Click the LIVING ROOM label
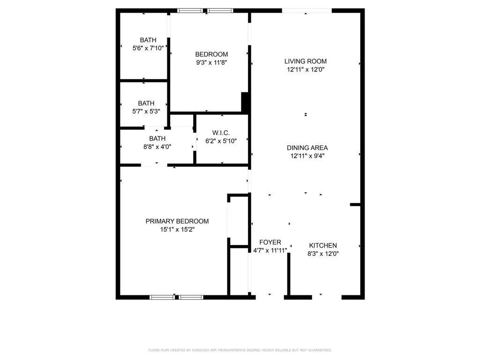(305, 61)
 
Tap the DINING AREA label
(307, 148)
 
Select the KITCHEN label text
(323, 246)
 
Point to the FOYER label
(270, 242)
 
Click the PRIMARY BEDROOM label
(177, 221)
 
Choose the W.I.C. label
(221, 133)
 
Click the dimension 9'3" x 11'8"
(211, 62)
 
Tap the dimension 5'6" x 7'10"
(148, 48)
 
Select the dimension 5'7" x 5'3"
(146, 112)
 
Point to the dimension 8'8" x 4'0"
(157, 147)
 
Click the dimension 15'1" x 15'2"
(177, 229)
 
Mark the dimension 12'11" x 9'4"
(307, 156)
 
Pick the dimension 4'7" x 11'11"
(270, 250)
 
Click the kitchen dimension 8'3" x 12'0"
(323, 254)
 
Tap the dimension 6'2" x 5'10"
(221, 141)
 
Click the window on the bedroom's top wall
(205, 11)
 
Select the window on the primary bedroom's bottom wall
(176, 297)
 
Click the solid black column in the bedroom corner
(245, 102)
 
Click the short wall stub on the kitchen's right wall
(355, 204)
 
